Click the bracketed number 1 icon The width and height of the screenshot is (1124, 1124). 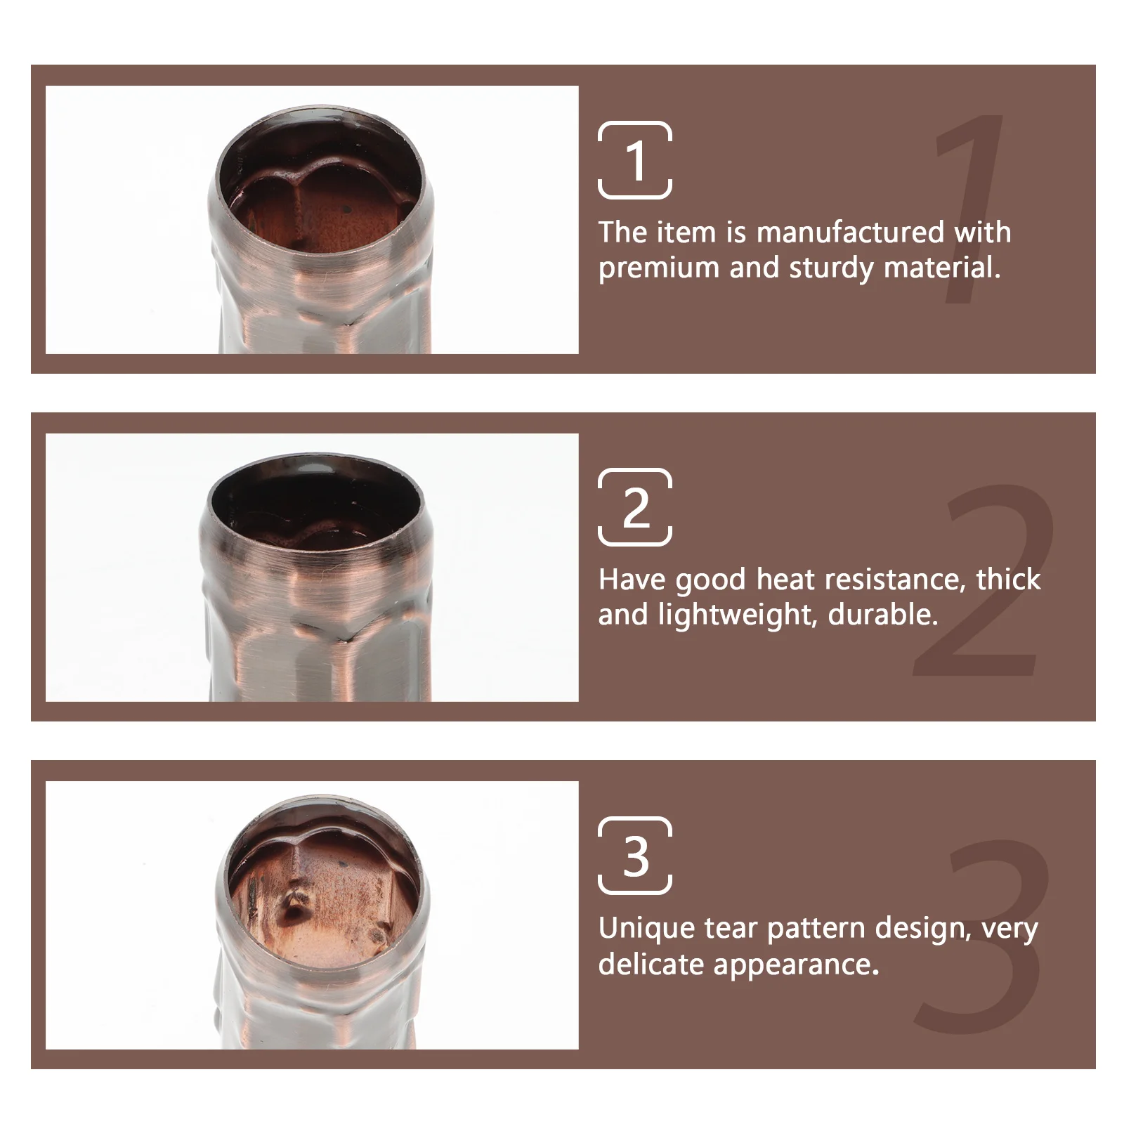click(635, 160)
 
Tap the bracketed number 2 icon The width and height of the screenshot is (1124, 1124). click(635, 507)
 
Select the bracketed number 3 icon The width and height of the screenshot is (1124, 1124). click(635, 856)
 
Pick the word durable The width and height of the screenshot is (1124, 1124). click(883, 615)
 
